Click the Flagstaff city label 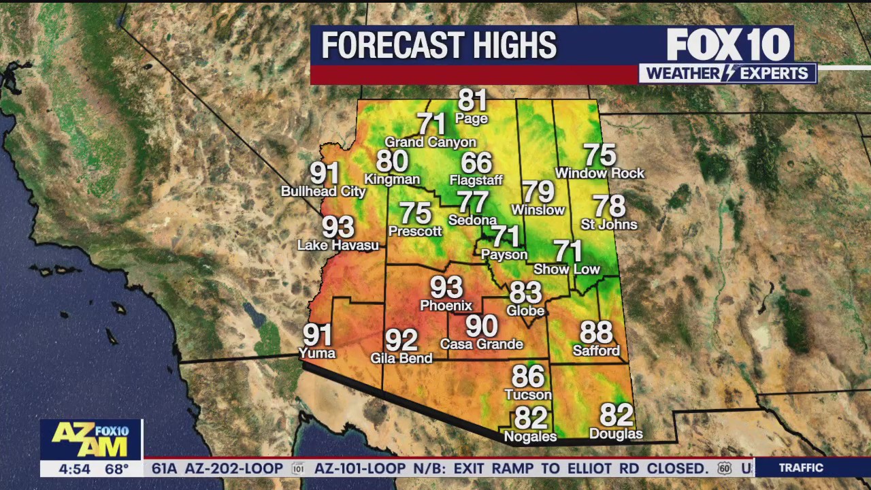click(476, 180)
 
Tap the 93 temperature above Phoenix click(446, 288)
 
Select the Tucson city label click(528, 395)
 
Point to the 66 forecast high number click(476, 163)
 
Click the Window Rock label click(599, 174)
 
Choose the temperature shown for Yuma click(318, 335)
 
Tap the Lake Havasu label click(338, 245)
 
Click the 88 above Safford click(596, 333)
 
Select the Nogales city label click(530, 437)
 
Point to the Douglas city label click(616, 434)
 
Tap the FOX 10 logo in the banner click(728, 45)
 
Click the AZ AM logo click(91, 440)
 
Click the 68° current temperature click(116, 469)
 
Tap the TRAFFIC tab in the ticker click(801, 468)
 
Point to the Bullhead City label click(324, 192)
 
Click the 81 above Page click(472, 100)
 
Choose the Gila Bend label click(401, 358)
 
